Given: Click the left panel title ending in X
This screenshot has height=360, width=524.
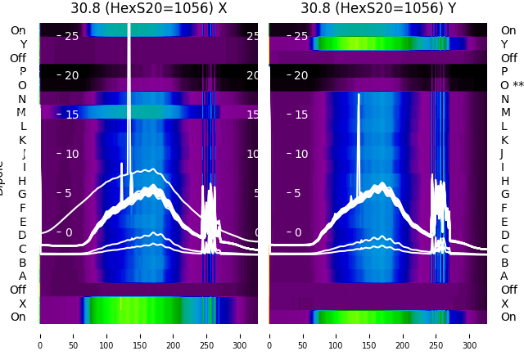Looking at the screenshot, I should [x=148, y=8].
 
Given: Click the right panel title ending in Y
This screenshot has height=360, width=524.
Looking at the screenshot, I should [x=377, y=8].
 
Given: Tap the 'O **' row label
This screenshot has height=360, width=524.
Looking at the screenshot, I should [x=512, y=85].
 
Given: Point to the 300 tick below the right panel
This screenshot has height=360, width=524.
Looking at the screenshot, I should [x=470, y=335].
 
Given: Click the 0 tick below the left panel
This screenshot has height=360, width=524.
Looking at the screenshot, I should [x=40, y=335].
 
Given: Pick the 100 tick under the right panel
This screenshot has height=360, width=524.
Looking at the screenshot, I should [x=337, y=335].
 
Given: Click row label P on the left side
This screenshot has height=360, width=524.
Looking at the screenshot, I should [x=22, y=72].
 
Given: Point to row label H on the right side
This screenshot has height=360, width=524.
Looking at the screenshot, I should [x=504, y=181].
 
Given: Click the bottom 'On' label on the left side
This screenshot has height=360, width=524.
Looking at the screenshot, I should [x=18, y=317].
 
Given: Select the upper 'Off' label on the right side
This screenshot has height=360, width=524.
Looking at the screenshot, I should [x=508, y=58].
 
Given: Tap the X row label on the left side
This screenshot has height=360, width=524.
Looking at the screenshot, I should [x=22, y=304].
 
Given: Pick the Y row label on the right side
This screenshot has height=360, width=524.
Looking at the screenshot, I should [x=504, y=44].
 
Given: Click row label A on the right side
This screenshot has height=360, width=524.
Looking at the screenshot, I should [x=504, y=276].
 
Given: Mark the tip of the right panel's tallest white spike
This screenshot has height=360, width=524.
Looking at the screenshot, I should [x=358, y=94].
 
